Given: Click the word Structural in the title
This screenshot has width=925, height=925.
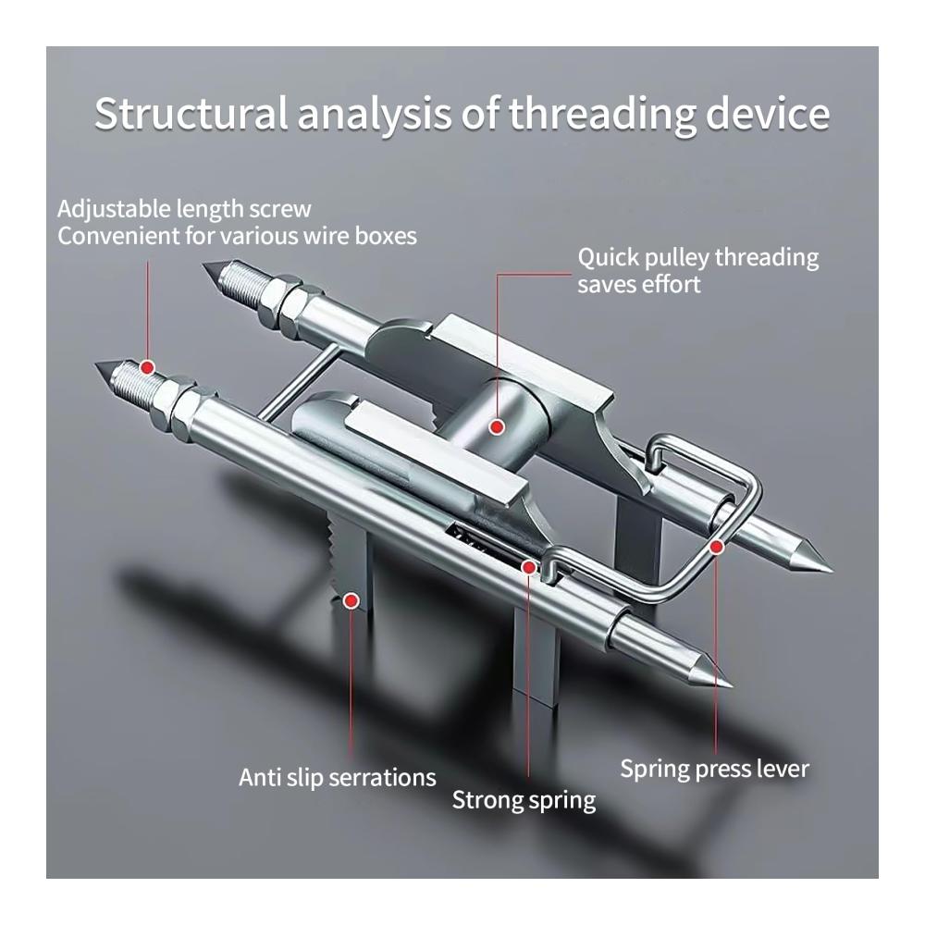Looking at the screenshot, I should tap(191, 115).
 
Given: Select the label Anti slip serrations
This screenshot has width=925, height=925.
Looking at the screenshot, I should tap(337, 777).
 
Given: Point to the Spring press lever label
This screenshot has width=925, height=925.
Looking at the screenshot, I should tap(714, 769).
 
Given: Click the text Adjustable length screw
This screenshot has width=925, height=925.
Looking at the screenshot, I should tap(184, 209).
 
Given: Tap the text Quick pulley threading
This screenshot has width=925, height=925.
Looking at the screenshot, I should tap(698, 257).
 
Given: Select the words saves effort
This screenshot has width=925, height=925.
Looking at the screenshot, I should tap(639, 284).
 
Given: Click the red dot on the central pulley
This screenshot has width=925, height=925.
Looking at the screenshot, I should tap(497, 426).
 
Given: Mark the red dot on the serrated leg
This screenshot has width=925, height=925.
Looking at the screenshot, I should tap(351, 600).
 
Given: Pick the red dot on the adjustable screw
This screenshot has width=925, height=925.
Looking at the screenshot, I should tap(146, 366).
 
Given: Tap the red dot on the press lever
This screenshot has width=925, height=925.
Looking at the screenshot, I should tap(716, 547).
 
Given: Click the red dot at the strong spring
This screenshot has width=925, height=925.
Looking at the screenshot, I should tap(528, 566).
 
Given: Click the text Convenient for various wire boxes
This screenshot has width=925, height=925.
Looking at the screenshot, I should tap(237, 237).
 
